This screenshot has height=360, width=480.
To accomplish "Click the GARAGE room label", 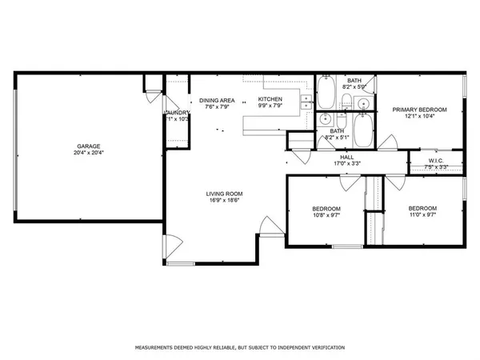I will pos(88,146).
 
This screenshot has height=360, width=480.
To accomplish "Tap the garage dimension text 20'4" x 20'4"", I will pos(88,154).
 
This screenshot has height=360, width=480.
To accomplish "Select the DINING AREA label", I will pos(217,99).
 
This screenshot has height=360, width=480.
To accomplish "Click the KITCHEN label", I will pos(270,99).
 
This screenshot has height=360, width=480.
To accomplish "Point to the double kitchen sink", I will pos(306,98).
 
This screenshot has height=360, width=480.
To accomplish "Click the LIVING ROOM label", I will pos(224,194).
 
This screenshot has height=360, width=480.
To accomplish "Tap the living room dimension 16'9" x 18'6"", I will pos(224,201).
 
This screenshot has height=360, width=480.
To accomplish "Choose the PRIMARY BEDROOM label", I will pos(419,109).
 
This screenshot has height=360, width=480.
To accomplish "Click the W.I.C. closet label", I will pos(436,160).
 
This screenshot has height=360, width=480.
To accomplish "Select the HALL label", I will pos(347,157).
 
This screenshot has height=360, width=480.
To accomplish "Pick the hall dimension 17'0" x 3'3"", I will pos(347,164).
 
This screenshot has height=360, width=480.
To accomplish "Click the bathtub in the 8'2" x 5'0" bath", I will pos(326,93).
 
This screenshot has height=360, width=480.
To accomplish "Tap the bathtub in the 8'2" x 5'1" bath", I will pos(362,132).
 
